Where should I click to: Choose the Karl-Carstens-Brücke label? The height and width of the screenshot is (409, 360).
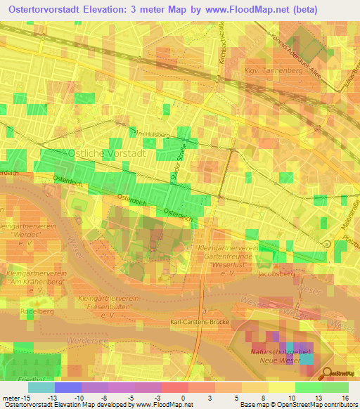coord(200,322)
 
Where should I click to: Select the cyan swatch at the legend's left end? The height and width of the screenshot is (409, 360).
coord(41,387)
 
